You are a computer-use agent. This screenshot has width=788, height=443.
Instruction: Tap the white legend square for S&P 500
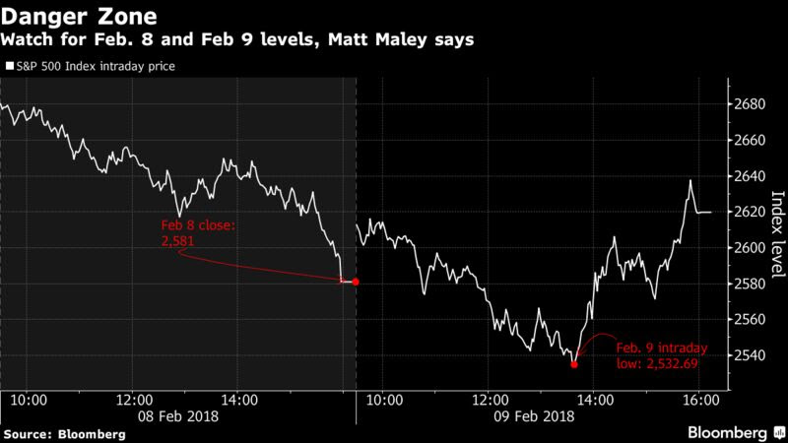point(9,68)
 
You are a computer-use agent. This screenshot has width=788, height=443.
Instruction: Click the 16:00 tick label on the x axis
point(698,401)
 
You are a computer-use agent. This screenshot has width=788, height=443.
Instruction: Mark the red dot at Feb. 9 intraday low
point(574,364)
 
